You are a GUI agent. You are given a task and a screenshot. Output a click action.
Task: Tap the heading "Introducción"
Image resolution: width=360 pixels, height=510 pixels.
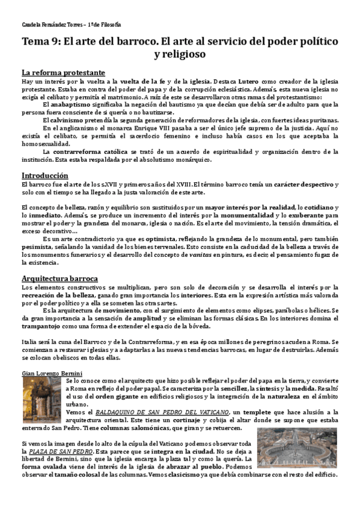[46, 174]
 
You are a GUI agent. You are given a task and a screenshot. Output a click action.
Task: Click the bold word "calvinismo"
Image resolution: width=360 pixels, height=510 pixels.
[64, 120]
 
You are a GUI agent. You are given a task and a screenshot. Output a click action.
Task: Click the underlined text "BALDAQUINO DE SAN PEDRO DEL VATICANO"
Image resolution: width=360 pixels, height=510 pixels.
[149, 412]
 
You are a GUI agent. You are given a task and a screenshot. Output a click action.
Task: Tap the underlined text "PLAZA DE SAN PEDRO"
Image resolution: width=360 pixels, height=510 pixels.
[57, 450]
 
